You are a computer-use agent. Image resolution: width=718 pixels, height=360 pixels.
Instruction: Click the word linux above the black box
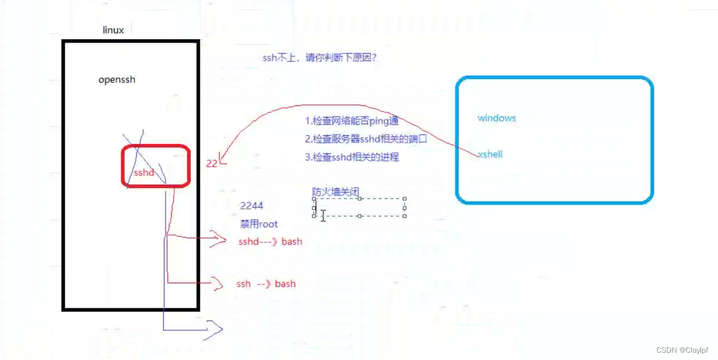click(x=113, y=30)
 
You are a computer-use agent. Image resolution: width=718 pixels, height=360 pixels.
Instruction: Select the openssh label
click(x=117, y=80)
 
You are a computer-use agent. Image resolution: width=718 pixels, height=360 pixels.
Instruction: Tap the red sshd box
click(x=156, y=166)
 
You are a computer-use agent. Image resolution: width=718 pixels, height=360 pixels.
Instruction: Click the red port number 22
click(x=212, y=163)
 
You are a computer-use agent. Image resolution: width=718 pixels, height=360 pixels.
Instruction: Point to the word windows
click(x=496, y=118)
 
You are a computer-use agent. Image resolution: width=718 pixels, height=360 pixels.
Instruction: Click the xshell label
click(x=490, y=155)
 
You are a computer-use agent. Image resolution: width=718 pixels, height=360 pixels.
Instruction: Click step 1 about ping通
click(x=352, y=121)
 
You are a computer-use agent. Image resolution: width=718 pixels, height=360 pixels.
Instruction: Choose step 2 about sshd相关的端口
click(x=366, y=139)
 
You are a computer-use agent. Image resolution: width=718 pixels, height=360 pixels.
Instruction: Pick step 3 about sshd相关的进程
click(x=352, y=157)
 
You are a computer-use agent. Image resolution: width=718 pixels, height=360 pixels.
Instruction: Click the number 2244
click(x=252, y=206)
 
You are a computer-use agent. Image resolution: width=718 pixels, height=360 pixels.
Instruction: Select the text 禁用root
click(x=259, y=224)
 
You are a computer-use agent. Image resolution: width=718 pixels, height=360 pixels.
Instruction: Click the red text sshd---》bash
click(x=270, y=242)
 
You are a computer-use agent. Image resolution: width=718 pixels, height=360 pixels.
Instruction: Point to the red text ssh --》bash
click(x=266, y=284)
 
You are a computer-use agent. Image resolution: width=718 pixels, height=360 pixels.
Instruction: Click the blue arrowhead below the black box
click(x=214, y=330)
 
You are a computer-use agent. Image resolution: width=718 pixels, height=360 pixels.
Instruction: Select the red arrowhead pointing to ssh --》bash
click(x=217, y=283)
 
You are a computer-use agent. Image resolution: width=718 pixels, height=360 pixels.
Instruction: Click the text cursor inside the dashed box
click(x=323, y=216)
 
